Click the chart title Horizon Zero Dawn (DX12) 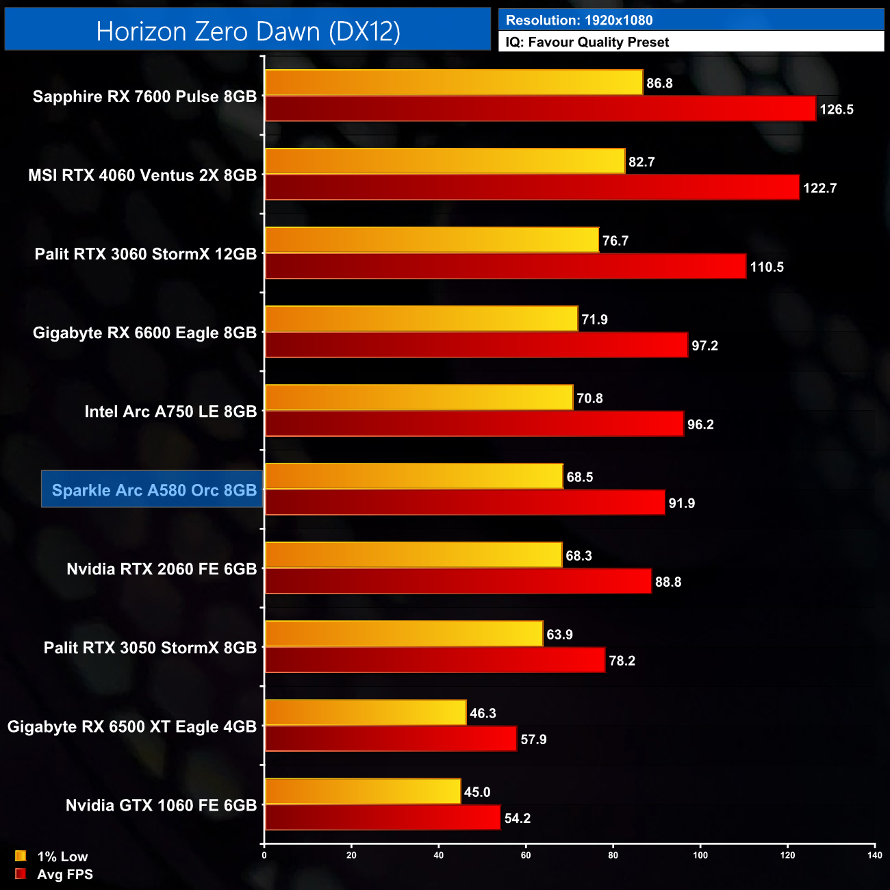[x=248, y=31]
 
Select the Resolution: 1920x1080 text [x=579, y=21]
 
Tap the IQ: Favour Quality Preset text [x=587, y=42]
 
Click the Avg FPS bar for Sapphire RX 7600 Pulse [x=540, y=109]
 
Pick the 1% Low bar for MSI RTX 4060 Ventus [x=445, y=162]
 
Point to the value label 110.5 [x=767, y=267]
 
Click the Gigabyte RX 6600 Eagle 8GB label [x=144, y=333]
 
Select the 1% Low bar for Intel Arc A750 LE [x=419, y=398]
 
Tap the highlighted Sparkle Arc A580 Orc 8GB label [x=153, y=490]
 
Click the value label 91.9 [x=682, y=503]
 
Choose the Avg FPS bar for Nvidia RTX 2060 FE [x=458, y=581]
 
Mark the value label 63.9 [x=559, y=635]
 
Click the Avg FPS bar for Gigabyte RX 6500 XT [x=391, y=739]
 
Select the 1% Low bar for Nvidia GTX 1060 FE [x=363, y=791]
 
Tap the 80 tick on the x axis [x=613, y=855]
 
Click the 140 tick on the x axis [x=874, y=855]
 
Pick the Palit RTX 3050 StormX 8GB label [x=150, y=648]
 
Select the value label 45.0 [x=477, y=792]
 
